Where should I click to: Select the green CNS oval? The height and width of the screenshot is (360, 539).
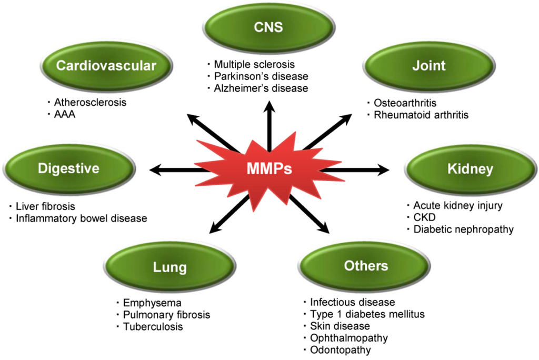(269, 27)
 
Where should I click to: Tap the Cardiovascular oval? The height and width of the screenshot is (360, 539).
(106, 66)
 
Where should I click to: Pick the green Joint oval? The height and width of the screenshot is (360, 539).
(429, 66)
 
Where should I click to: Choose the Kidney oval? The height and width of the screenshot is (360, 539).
(470, 169)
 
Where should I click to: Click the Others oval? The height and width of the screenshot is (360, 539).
(366, 266)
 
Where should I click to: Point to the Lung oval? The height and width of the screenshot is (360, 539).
(169, 267)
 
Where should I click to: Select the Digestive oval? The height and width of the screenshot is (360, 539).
(68, 169)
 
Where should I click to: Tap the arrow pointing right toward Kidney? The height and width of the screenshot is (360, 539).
(358, 169)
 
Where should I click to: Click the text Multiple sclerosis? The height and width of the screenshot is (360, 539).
(251, 65)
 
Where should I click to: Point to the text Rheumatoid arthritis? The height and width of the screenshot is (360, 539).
(421, 114)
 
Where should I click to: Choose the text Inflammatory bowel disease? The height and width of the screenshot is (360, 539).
(81, 218)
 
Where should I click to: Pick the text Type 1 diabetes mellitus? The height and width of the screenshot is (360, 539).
(367, 314)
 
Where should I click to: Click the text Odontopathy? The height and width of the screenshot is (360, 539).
(341, 350)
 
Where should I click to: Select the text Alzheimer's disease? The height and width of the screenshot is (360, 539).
(261, 88)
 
